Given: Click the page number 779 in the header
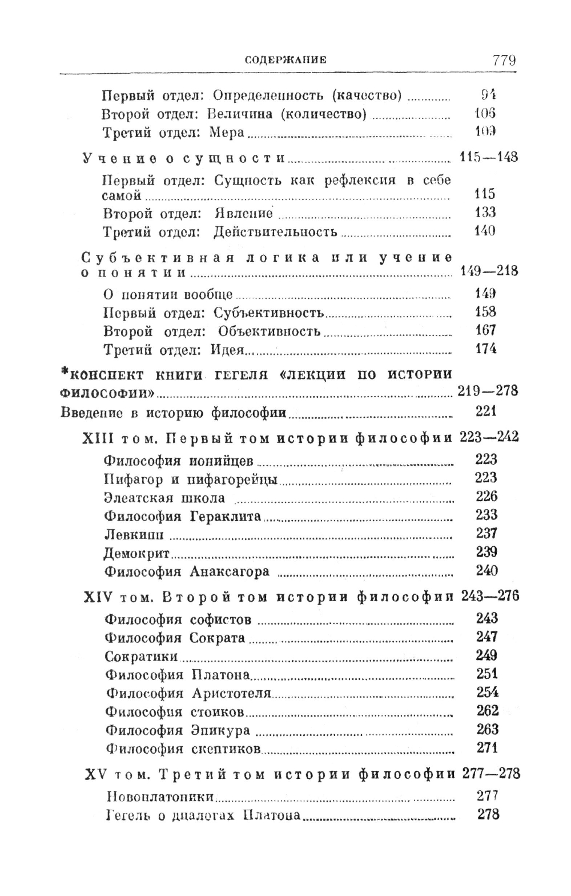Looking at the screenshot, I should (501, 60).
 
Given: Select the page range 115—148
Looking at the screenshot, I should (488, 157).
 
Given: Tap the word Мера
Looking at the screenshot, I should (227, 133).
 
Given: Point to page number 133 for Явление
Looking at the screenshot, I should (485, 213).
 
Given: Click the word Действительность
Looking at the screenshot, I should (275, 231).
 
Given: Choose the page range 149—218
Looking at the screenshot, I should (489, 271).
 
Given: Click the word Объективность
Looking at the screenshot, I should (269, 331).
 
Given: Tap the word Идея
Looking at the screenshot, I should (228, 350).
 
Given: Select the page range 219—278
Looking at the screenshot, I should (488, 391).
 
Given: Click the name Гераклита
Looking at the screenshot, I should (225, 516).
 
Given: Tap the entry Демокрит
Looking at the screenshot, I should (137, 553).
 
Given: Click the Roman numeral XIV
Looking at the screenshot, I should (99, 597).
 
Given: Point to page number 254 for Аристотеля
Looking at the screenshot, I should (488, 693).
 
